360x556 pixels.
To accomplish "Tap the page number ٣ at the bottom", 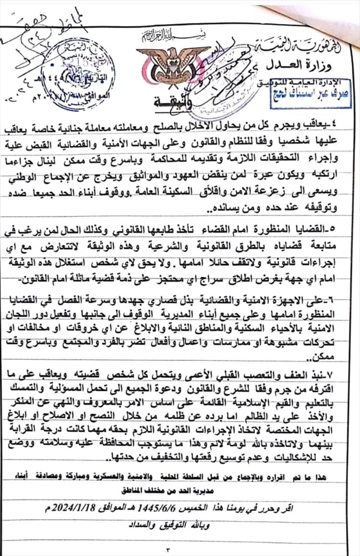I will coord(180,546).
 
